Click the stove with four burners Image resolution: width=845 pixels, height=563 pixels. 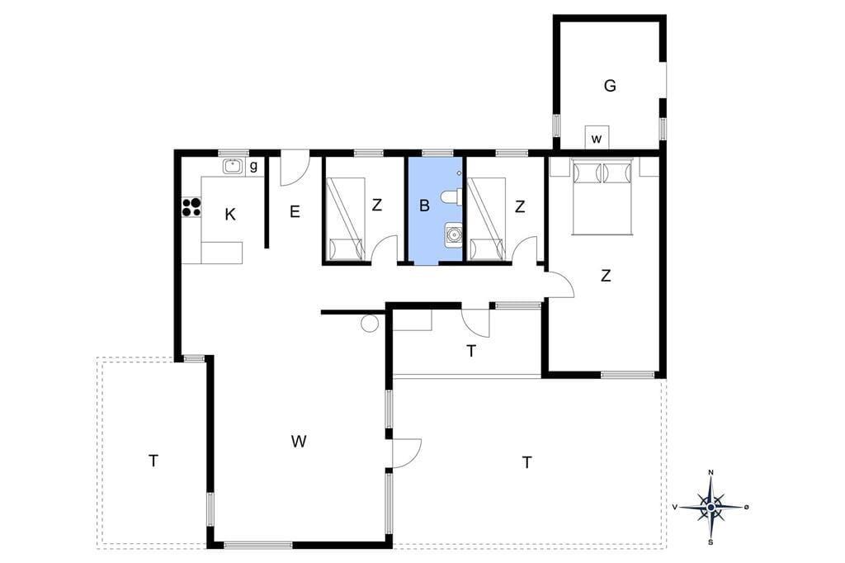191,207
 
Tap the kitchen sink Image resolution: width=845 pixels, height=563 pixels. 234,168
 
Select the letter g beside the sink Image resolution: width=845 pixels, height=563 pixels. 253,167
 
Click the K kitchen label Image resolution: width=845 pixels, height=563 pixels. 230,215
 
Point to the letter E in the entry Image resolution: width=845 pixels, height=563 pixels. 295,212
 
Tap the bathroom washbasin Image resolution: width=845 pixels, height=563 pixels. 454,235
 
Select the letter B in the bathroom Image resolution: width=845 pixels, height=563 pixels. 424,206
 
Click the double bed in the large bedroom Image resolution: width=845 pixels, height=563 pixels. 602,196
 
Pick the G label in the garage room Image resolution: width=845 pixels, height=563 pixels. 610,86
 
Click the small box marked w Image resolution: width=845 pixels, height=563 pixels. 597,138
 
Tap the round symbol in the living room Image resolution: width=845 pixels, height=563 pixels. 371,324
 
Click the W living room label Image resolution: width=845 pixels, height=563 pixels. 299,442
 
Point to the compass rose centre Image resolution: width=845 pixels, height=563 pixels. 711,507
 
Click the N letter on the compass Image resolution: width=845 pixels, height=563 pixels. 711,473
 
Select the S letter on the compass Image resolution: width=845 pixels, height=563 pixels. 711,542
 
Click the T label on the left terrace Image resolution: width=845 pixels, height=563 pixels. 153,461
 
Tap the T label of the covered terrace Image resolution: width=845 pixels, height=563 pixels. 471,351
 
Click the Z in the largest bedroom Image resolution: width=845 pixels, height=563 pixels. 606,276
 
